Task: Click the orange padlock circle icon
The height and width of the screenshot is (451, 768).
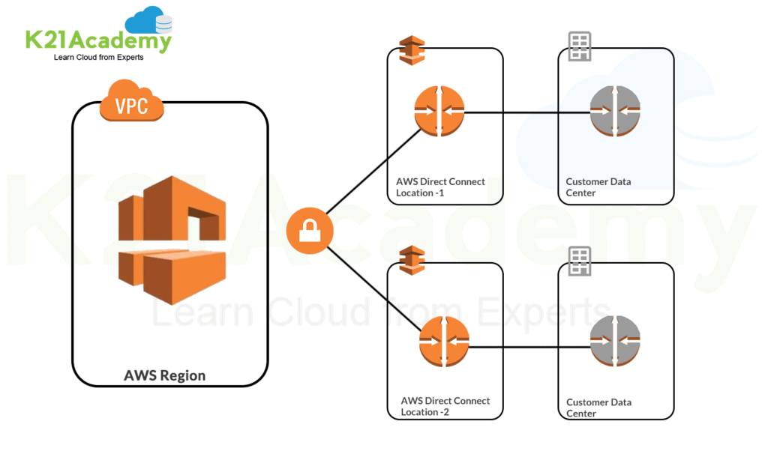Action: [310, 231]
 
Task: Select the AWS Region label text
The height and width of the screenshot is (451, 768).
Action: [164, 375]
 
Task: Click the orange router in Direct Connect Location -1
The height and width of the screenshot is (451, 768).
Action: [439, 112]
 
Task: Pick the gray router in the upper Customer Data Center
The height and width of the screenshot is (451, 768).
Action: [614, 112]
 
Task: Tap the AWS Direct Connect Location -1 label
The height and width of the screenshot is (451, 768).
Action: [440, 187]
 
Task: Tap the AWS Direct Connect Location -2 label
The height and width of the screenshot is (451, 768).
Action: [445, 406]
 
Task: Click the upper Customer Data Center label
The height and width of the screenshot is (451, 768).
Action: [598, 187]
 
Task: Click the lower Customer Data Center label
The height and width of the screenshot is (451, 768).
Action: [598, 408]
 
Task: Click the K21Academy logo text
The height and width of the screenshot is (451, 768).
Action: [98, 40]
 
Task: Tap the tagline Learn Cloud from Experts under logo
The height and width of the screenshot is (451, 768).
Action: [98, 58]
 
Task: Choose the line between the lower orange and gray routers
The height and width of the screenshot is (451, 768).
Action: [529, 347]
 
